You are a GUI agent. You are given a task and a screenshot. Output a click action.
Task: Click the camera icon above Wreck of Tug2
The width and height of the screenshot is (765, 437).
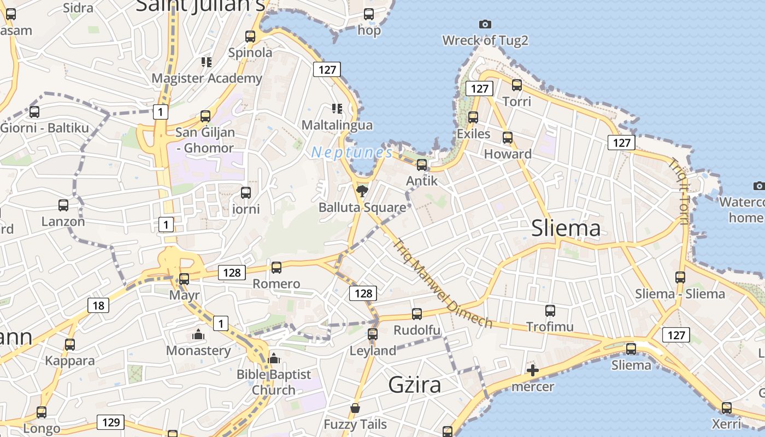[485, 24]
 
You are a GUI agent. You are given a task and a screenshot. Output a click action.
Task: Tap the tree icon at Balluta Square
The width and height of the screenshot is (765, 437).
[361, 191]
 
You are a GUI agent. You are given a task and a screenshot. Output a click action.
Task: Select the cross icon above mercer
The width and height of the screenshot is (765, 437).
[532, 371]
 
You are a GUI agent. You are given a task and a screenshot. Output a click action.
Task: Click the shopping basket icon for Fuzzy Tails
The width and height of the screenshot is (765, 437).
[355, 408]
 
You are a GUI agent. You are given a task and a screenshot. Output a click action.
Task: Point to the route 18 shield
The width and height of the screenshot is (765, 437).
[98, 305]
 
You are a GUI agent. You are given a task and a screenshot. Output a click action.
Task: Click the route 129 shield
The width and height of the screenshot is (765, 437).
[110, 422]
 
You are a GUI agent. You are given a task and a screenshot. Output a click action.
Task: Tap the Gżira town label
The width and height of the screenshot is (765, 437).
[414, 385]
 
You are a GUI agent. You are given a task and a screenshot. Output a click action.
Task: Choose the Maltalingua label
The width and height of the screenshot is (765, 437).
[337, 125]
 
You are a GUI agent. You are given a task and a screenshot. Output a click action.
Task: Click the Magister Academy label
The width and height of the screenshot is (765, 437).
[207, 78]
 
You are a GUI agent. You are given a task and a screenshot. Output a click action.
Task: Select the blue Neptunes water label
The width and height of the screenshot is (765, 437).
[352, 152]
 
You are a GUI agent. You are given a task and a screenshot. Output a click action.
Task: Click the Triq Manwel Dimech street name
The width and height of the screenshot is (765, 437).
[442, 284]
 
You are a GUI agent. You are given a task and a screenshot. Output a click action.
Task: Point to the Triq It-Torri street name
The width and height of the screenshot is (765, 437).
[678, 191]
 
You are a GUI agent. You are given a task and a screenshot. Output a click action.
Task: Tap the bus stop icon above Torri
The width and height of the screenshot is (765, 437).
[516, 85]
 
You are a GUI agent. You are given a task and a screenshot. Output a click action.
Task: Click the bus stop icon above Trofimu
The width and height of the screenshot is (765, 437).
[550, 311]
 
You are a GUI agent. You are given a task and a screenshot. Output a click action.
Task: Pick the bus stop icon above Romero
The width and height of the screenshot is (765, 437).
[276, 268]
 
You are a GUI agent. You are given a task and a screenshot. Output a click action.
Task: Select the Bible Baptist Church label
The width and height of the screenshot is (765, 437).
[273, 382]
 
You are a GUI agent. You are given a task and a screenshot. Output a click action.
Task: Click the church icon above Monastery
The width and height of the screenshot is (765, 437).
[198, 334]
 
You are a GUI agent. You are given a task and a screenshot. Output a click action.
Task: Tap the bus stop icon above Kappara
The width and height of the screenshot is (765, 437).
[70, 345]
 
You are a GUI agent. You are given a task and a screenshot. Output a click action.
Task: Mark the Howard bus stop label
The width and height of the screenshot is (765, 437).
[508, 154]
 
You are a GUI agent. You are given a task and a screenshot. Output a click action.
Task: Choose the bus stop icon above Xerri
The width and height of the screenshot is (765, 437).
[726, 408]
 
